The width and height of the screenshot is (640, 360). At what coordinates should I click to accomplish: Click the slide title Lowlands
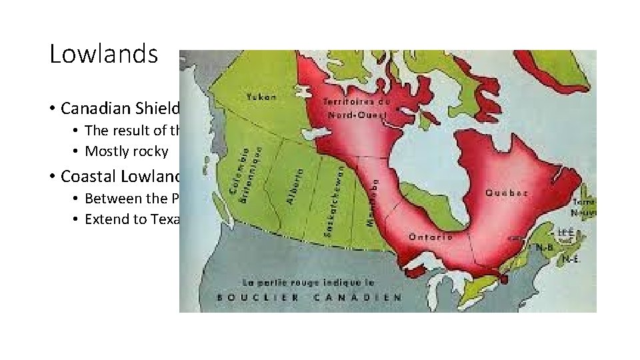(x=103, y=54)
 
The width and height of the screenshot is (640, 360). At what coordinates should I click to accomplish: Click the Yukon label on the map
(x=262, y=97)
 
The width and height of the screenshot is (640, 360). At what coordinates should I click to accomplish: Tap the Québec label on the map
(x=509, y=193)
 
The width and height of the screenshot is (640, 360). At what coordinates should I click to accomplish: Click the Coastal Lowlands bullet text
(x=120, y=176)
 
